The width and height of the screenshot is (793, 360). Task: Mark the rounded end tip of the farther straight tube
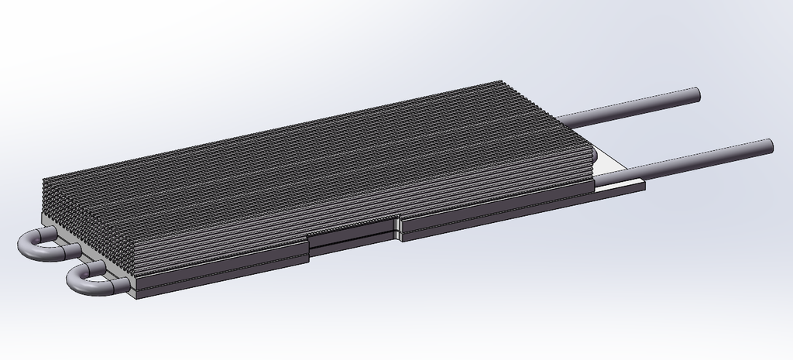click(695, 94)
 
